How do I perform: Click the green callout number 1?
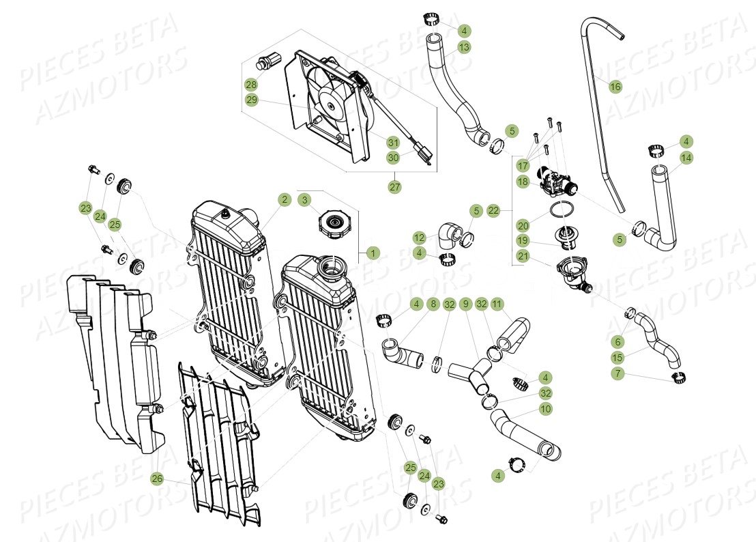[372, 253]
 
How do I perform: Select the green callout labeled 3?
[305, 199]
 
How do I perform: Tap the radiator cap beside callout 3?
[334, 225]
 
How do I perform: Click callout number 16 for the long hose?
[615, 87]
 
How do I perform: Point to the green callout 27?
[394, 186]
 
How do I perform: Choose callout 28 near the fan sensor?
[251, 85]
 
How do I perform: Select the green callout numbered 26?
[157, 479]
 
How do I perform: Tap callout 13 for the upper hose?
[464, 47]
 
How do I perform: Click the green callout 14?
[686, 158]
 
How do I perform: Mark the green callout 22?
[493, 211]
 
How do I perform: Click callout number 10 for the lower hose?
[545, 409]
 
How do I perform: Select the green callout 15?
[617, 358]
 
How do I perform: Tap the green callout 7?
[617, 373]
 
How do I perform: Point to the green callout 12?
[420, 238]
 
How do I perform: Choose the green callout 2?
[284, 199]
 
